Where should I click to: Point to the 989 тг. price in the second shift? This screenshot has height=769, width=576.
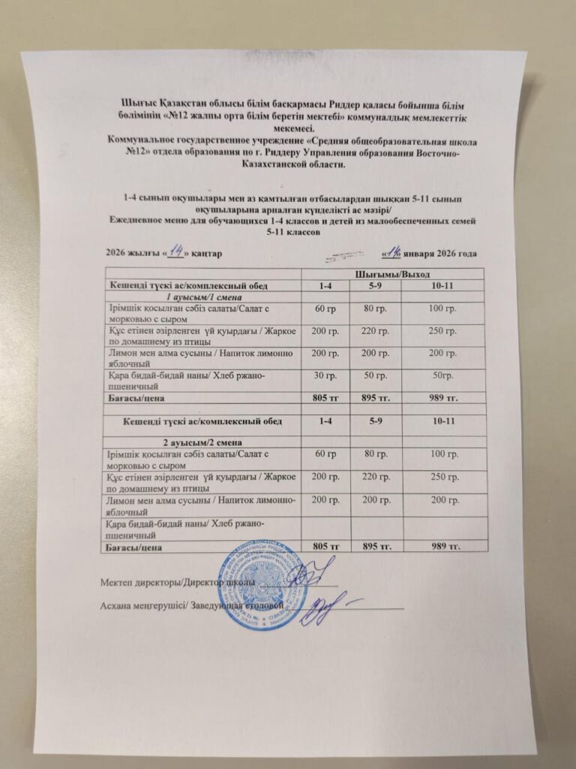pos(442,547)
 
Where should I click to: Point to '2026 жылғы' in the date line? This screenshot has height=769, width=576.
pos(126,255)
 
